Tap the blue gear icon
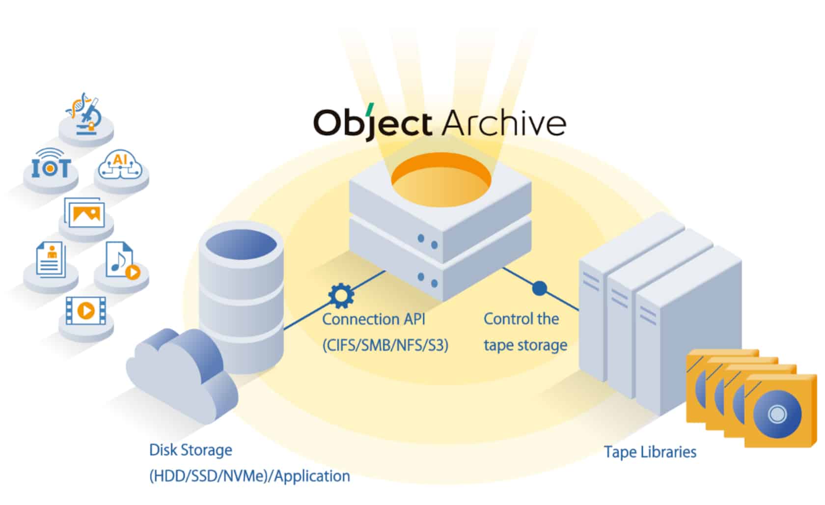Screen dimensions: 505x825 coord(341,295)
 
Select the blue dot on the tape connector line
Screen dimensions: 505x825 coord(539,288)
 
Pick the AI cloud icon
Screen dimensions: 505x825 coord(120,166)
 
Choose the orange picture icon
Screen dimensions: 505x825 coord(85,214)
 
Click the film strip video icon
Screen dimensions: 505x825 coord(85,310)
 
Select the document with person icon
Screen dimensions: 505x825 coord(51,259)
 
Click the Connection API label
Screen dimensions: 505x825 coord(374,319)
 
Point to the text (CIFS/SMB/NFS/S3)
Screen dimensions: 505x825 coord(385,345)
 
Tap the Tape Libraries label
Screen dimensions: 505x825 coord(650,452)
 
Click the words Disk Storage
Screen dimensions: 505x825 coord(191,450)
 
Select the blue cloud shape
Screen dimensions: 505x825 coord(182,373)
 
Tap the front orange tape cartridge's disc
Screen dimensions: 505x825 coord(777,414)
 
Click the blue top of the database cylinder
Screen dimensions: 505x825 coord(241,243)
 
